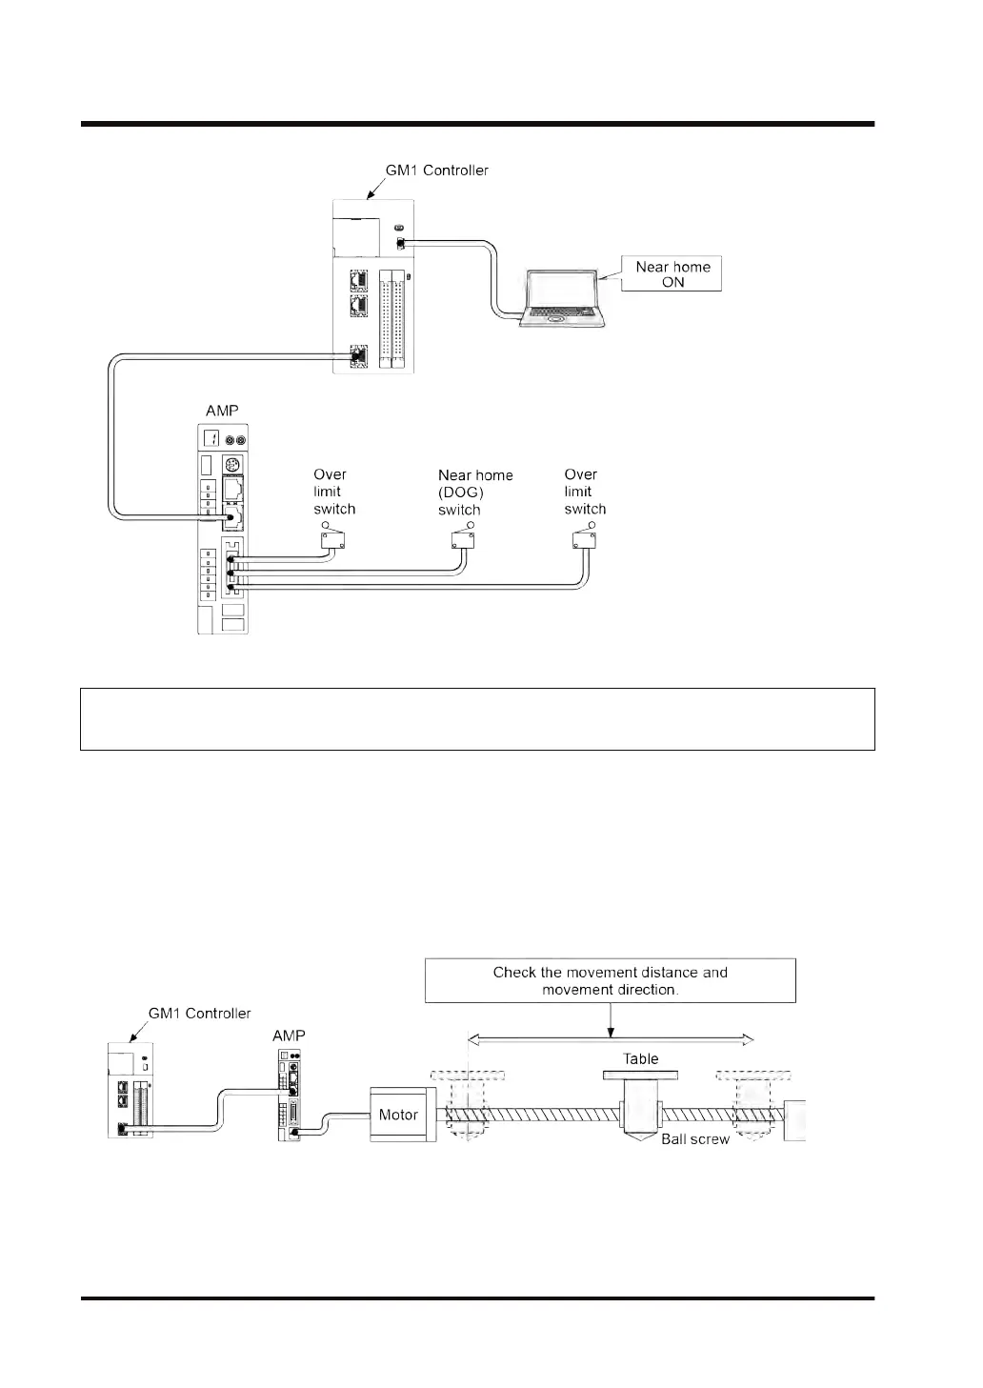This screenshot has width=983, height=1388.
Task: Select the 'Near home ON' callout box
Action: pos(672,274)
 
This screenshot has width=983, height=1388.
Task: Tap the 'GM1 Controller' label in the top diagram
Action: pos(436,171)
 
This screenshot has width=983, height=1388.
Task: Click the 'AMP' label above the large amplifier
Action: pos(222,411)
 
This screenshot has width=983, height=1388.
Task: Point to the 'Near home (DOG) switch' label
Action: pos(474,492)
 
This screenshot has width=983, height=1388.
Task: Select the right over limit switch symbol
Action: pos(583,538)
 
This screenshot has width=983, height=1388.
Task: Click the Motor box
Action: pos(398,1115)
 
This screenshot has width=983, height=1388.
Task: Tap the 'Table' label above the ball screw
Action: pos(640,1058)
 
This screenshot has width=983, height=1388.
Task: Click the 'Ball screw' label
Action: pos(695,1139)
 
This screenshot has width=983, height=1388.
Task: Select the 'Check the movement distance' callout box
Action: pos(610,980)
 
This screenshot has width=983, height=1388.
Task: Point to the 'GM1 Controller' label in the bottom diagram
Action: pos(199,1013)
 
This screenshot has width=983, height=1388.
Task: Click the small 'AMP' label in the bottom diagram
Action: pos(289,1036)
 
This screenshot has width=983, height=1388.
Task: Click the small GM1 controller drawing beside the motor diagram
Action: pos(130,1091)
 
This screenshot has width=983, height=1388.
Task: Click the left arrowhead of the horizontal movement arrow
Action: pos(471,1039)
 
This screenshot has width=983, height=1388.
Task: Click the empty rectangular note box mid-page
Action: pos(477,719)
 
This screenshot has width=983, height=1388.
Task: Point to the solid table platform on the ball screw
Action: pos(640,1076)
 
